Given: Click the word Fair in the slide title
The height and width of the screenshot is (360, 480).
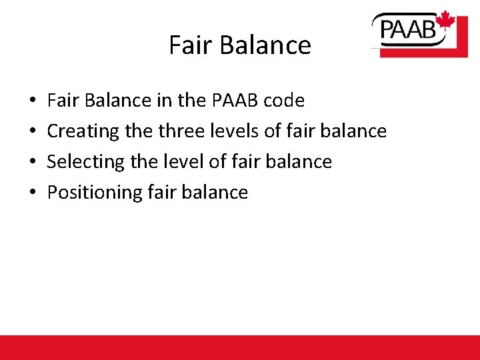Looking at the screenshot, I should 189,45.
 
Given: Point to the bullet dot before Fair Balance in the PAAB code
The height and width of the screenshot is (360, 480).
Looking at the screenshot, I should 33,101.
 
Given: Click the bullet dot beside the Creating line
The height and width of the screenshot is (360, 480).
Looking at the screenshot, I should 33,132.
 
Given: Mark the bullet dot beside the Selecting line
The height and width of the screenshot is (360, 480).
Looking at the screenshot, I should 33,163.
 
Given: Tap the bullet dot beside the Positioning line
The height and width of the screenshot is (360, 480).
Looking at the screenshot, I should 33,193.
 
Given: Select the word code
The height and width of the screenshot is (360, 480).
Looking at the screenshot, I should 284,101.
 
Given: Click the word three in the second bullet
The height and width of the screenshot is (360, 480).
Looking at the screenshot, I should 181,131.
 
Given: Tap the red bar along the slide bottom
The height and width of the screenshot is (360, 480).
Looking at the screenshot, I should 240,347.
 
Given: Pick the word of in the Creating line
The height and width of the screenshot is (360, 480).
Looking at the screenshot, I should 272,131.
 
